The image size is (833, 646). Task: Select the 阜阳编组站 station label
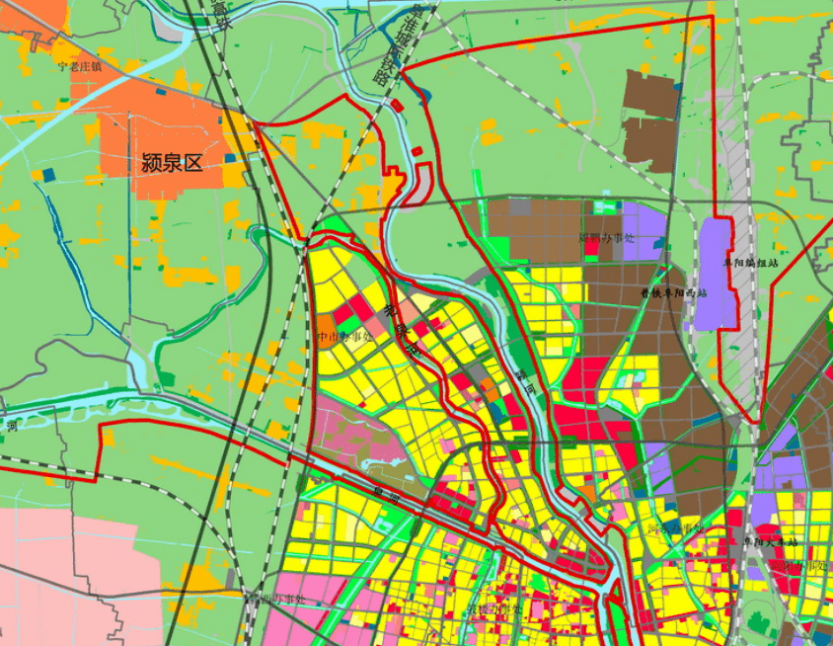click(x=751, y=264)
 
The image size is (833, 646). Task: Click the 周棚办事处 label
click(x=607, y=238)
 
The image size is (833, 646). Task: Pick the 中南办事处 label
click(x=345, y=336)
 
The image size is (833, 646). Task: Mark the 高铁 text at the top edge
click(x=220, y=12)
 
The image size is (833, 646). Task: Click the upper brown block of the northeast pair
click(x=651, y=95)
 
